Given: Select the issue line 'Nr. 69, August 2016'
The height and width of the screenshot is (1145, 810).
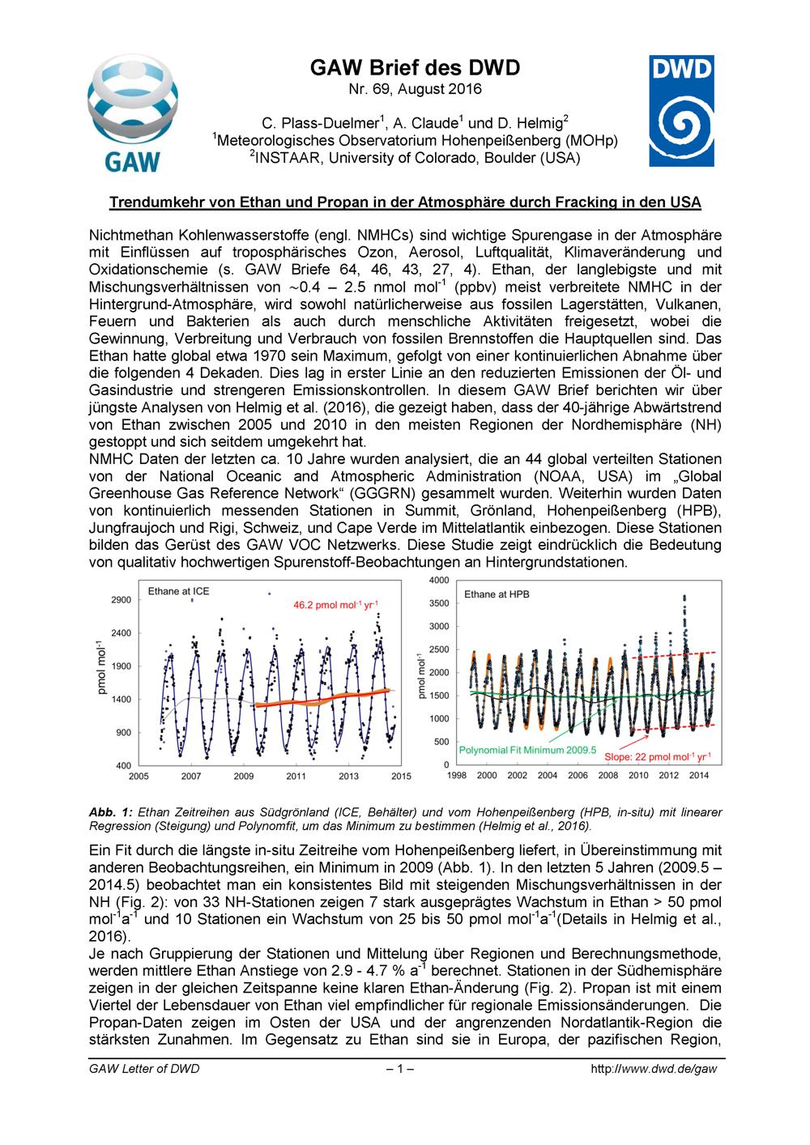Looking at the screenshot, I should (415, 88).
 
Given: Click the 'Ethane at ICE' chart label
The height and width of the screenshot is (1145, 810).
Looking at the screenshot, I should (178, 591).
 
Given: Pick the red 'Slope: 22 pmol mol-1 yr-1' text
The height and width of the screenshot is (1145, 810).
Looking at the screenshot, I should (658, 757).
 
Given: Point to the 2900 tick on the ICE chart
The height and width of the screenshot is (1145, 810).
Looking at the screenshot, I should (120, 600).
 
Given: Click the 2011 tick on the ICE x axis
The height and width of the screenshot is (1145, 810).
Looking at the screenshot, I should (296, 777).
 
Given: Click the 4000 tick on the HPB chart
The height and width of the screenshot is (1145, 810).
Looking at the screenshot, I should (438, 581).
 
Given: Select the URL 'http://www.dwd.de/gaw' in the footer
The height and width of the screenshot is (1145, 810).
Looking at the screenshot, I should (654, 1069).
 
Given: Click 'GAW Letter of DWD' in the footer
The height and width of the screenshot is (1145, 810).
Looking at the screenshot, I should (143, 1069).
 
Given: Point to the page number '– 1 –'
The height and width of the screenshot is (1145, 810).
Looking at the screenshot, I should (400, 1069).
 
